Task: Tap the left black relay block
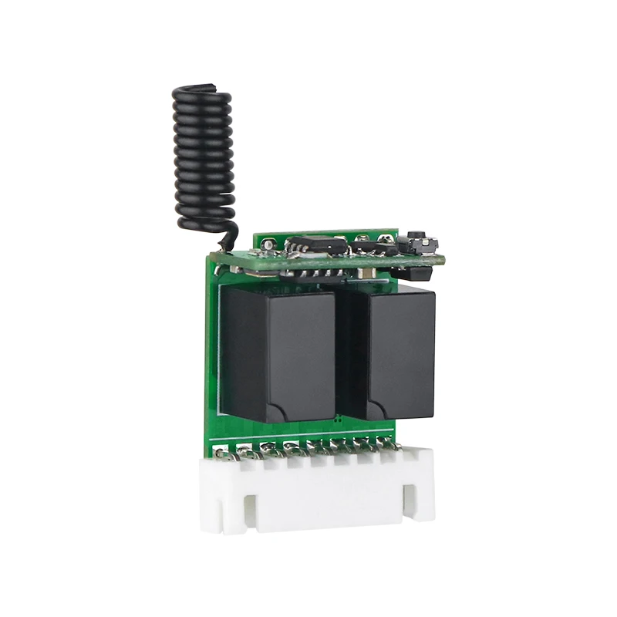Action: click(278, 351)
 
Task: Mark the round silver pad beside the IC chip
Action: click(268, 245)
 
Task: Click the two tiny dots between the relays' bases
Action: click(339, 419)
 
